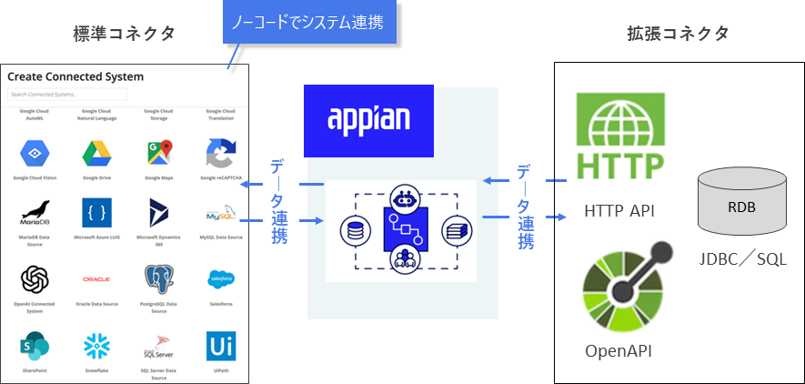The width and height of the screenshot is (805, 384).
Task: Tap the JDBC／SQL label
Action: [x=741, y=261]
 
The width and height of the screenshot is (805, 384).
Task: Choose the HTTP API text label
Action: [x=619, y=212]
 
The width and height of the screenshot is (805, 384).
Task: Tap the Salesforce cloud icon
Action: [x=221, y=277]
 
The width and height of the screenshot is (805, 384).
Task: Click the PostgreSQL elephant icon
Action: [x=158, y=278]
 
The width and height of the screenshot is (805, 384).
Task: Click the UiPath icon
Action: [x=221, y=346]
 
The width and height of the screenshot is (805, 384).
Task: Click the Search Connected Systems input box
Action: [x=67, y=94]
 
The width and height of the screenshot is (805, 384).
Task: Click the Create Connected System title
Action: [x=75, y=77]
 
